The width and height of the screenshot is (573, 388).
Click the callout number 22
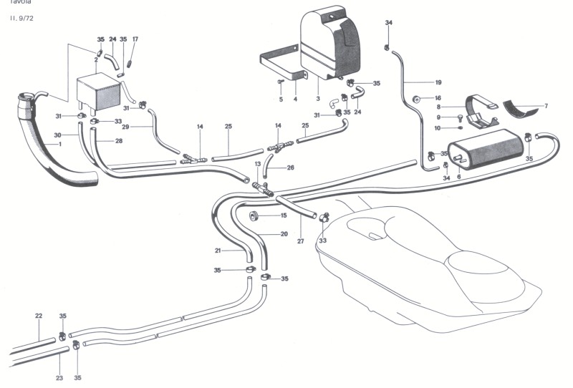tap(39, 316)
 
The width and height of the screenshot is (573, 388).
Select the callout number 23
tap(59, 377)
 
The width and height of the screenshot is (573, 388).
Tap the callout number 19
tap(438, 82)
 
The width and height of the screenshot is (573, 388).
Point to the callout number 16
tap(438, 98)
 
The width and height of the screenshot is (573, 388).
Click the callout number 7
tap(545, 106)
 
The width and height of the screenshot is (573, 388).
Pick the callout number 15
tap(284, 215)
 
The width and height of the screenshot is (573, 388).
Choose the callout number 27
tap(301, 241)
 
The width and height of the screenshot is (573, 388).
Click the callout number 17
tap(135, 39)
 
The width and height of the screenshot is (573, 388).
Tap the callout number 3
tap(317, 99)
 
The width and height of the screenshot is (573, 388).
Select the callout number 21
tap(218, 251)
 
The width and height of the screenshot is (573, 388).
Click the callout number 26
tap(290, 168)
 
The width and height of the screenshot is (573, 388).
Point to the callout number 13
tap(258, 165)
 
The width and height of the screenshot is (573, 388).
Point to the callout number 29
tap(125, 126)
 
